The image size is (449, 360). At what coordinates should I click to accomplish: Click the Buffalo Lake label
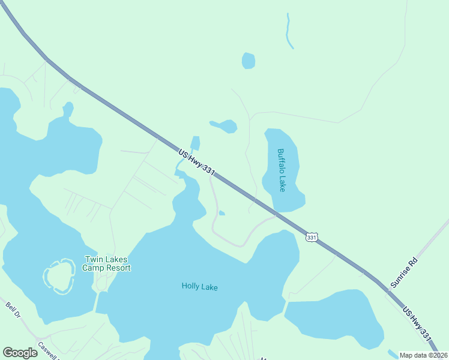tap(282, 170)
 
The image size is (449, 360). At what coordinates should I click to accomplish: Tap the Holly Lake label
tap(199, 287)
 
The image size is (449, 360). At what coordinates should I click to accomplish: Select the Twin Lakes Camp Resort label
tap(107, 264)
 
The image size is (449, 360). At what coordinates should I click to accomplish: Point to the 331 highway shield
tap(311, 238)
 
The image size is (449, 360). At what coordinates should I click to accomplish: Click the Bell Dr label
tap(13, 313)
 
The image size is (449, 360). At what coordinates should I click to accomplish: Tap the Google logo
tap(20, 353)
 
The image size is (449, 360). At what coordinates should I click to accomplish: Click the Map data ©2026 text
tap(423, 355)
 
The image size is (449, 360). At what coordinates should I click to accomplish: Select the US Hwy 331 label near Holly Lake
tap(196, 162)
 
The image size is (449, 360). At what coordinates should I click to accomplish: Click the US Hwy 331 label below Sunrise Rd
tap(417, 325)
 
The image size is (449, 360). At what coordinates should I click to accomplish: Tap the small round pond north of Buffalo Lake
tap(248, 61)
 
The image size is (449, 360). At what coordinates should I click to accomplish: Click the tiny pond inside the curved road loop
tap(221, 212)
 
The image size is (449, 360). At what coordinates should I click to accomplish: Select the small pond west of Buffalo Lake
tap(225, 126)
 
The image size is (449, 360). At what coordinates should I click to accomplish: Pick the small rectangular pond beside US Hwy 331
tap(195, 143)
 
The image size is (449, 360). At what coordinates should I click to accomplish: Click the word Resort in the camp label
tap(119, 268)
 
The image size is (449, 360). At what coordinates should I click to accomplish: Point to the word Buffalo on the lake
tap(281, 161)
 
